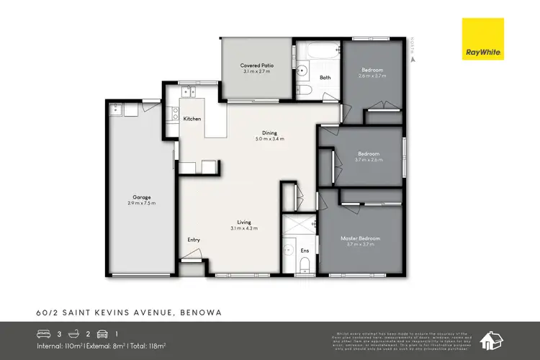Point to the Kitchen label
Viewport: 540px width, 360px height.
(192, 119)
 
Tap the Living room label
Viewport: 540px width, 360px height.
(244, 224)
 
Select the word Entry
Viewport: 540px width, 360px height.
(194, 240)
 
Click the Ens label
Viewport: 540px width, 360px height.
(305, 251)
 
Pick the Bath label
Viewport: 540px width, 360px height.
(325, 78)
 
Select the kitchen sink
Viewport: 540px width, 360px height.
(189, 92)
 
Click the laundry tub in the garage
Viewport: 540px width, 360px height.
(115, 109)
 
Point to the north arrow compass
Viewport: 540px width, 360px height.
(413, 52)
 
